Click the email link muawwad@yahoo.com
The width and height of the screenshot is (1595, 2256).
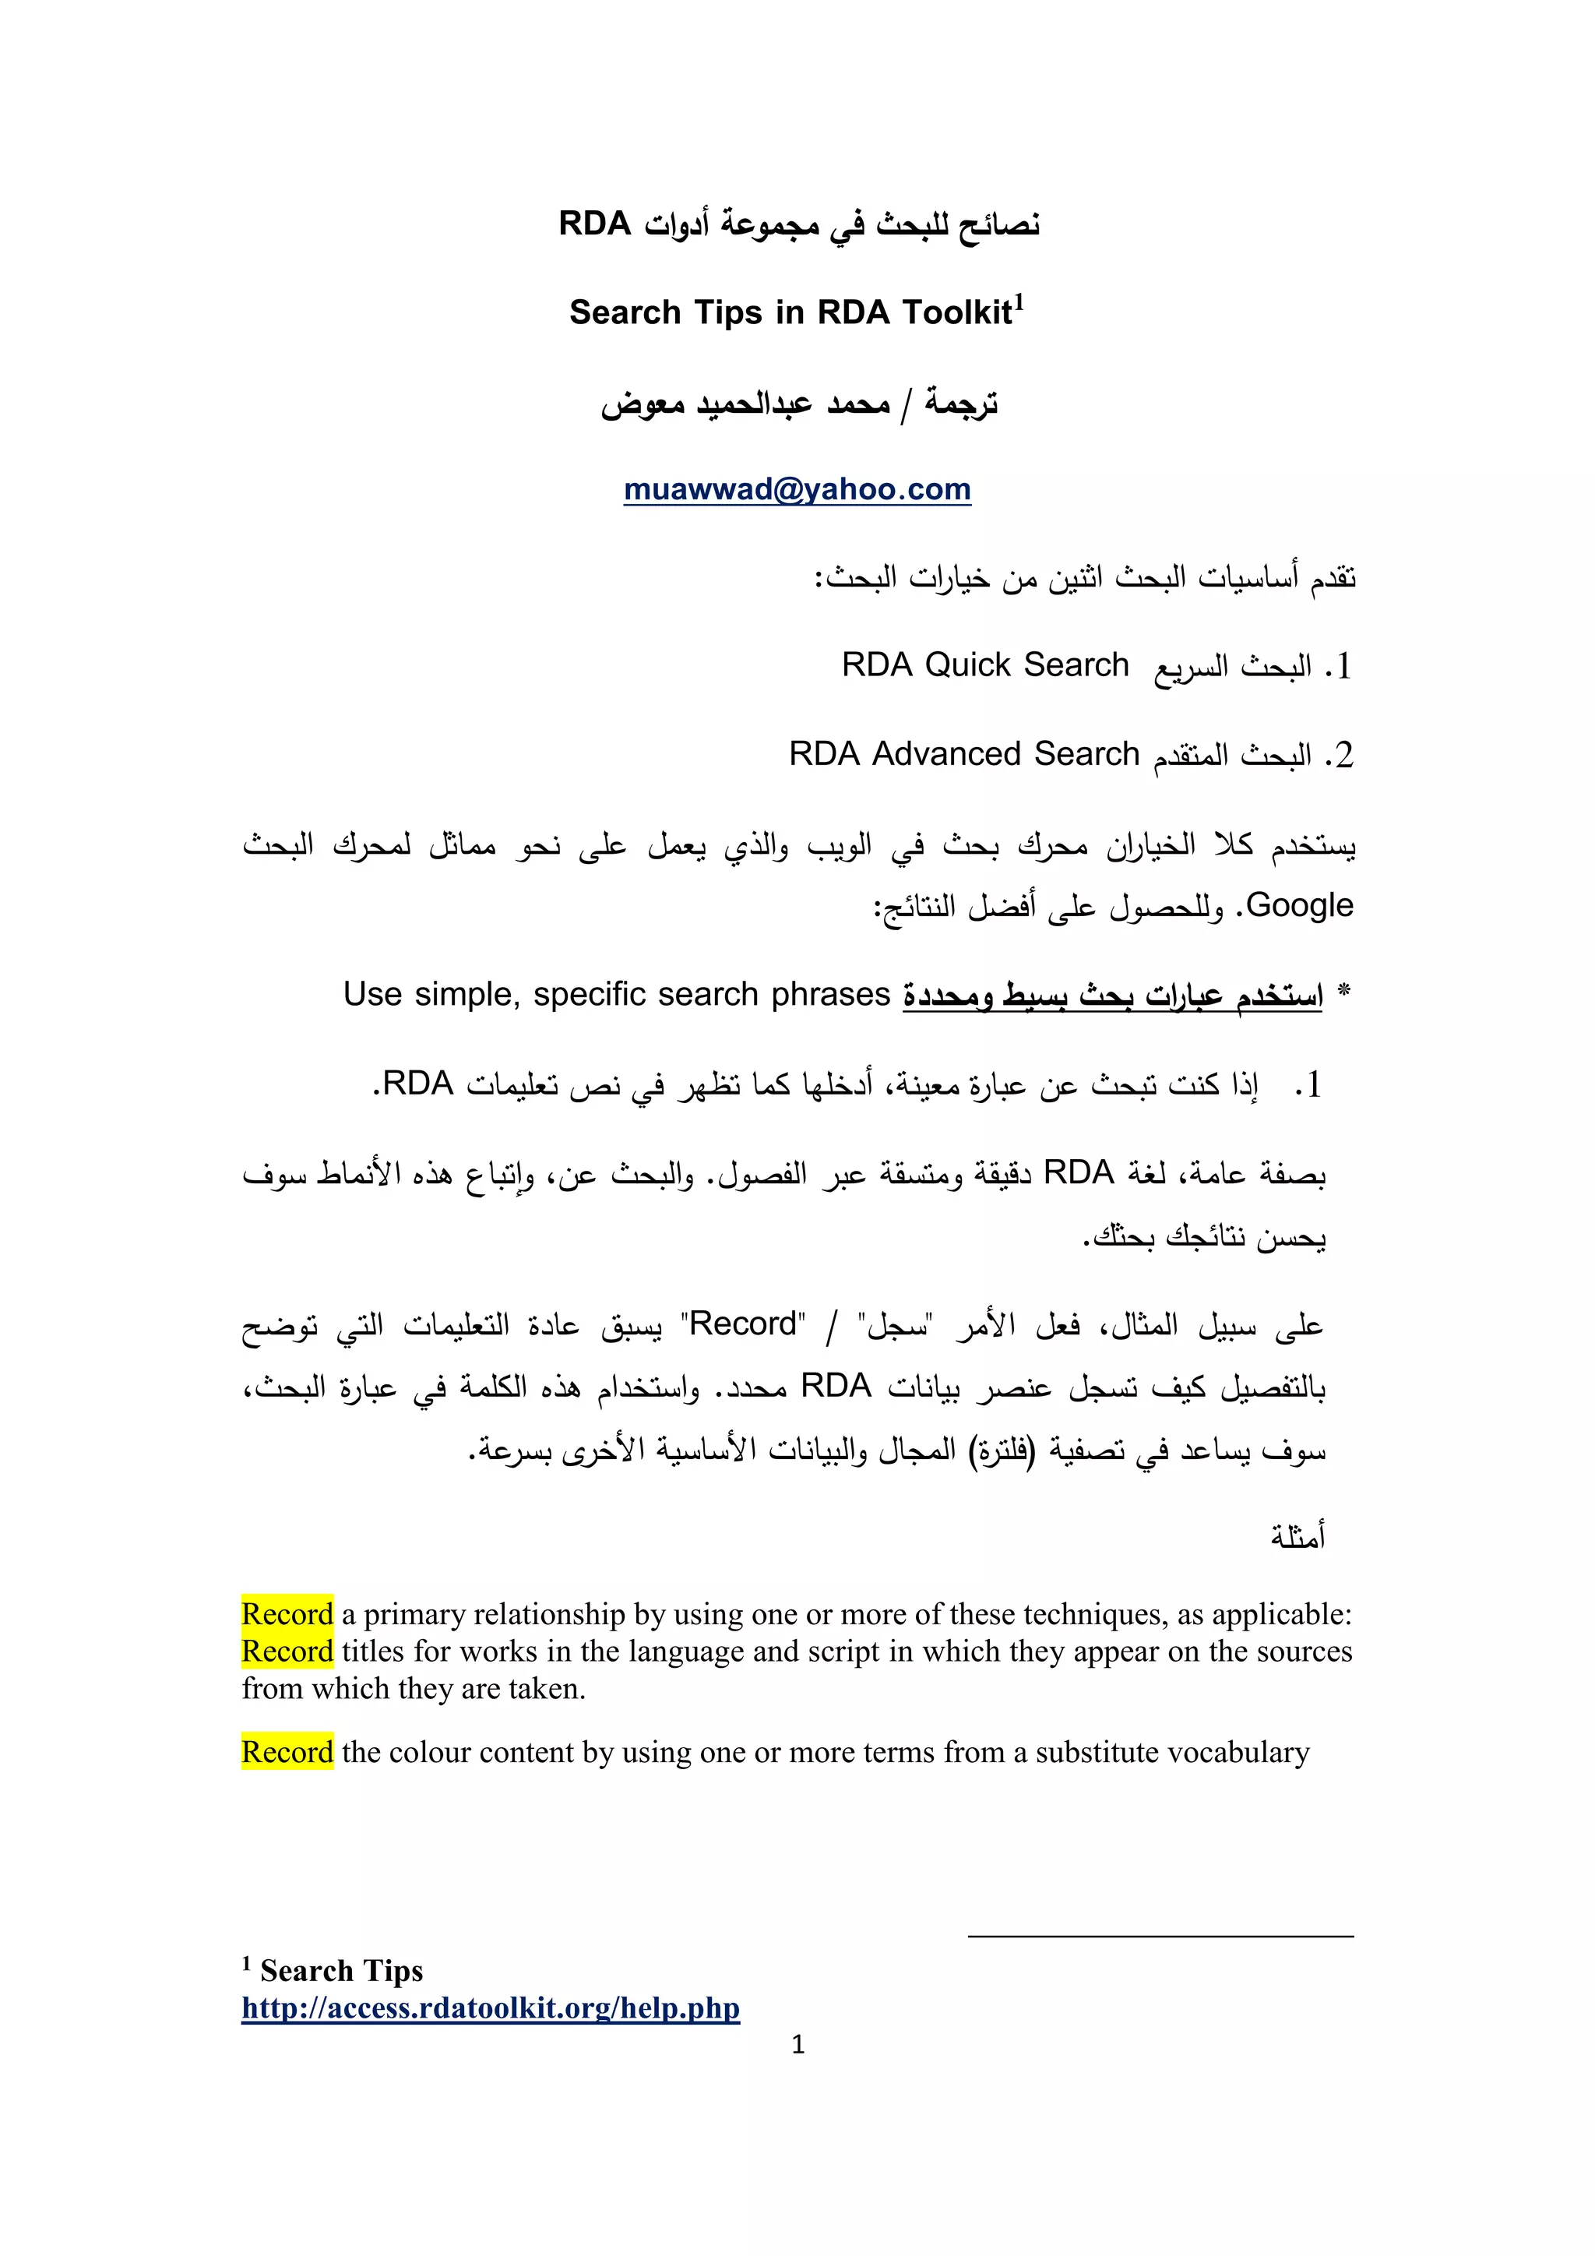click(x=797, y=488)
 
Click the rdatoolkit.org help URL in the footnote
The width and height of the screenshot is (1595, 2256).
click(x=490, y=2007)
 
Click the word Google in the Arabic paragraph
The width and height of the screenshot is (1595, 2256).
click(x=1299, y=905)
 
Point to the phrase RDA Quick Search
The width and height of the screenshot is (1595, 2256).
click(x=985, y=665)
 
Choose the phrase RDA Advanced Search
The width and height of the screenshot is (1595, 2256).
click(x=963, y=753)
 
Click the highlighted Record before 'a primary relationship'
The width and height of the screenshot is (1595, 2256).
click(x=287, y=1614)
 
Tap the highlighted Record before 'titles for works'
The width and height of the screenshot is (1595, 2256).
click(x=287, y=1651)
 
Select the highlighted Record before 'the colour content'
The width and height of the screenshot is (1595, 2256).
click(x=287, y=1752)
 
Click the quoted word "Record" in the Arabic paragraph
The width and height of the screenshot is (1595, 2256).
click(x=744, y=1324)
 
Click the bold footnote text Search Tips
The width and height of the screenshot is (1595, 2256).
click(x=341, y=1971)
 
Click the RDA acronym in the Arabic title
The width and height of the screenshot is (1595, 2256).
click(x=594, y=224)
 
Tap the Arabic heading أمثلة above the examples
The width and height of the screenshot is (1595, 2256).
click(x=1298, y=1535)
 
